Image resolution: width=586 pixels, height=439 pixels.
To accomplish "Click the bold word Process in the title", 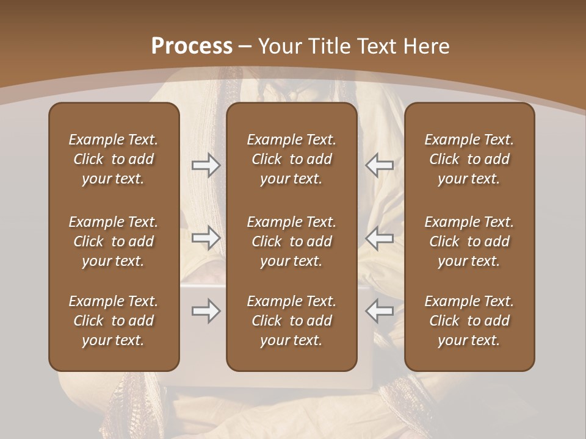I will tap(192, 46).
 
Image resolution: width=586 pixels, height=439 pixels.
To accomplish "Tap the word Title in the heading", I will tap(329, 46).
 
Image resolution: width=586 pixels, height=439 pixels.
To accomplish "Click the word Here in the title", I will tap(427, 46).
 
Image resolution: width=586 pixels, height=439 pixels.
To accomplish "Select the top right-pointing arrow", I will tap(206, 165).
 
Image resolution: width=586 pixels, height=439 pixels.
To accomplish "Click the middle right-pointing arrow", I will tap(206, 238).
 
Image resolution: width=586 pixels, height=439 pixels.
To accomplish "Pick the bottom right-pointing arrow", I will tap(206, 311).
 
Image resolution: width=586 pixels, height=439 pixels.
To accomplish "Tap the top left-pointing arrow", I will tap(379, 165).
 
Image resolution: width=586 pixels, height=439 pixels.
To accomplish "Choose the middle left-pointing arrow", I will tap(379, 238).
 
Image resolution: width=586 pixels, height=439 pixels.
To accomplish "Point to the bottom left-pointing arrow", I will tap(379, 311).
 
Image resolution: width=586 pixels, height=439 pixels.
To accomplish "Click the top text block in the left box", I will tap(114, 159).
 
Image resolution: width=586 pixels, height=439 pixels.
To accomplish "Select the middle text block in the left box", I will tap(114, 241).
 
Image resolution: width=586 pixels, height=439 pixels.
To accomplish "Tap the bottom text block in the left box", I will tap(114, 321).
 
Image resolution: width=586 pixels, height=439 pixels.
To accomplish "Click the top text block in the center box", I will tap(291, 159).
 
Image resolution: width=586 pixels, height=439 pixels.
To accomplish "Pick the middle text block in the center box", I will tap(291, 241).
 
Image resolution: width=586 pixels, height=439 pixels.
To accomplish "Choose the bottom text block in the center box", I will tap(291, 321).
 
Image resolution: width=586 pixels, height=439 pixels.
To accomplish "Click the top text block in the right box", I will tap(469, 159).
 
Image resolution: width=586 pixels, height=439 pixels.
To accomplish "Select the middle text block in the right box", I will tap(469, 241).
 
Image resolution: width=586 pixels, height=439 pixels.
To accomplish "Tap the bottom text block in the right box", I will tap(469, 321).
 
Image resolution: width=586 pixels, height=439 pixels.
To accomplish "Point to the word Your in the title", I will tap(280, 46).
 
